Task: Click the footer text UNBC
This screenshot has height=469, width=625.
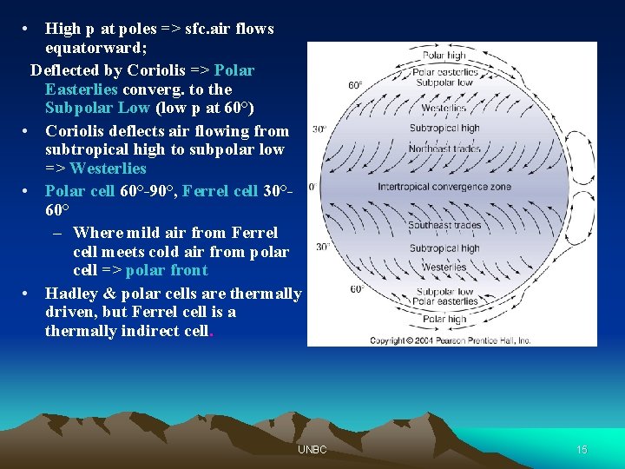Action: click(312, 450)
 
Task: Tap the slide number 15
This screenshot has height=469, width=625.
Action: click(582, 450)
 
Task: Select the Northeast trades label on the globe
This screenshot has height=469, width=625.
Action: click(444, 149)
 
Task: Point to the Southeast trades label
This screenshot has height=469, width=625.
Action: click(444, 226)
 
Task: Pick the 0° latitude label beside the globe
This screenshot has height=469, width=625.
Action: click(312, 187)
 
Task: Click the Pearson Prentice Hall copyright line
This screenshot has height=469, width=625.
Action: click(451, 340)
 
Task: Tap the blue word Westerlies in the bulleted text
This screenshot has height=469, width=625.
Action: click(108, 168)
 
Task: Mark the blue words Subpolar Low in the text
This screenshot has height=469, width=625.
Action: click(96, 109)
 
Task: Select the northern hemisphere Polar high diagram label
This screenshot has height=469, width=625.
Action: click(444, 56)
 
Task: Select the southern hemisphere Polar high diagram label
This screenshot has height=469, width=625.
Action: click(444, 320)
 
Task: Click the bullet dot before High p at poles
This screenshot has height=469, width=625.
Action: click(28, 29)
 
